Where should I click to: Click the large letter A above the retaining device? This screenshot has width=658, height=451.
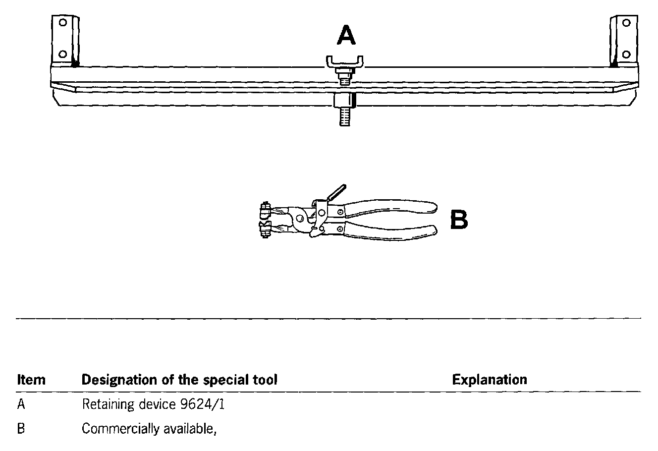tap(346, 35)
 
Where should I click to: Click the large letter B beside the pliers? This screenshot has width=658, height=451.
tap(459, 220)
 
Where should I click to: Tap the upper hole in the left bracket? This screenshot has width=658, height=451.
tap(62, 22)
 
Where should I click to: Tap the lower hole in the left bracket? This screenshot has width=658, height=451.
tap(62, 54)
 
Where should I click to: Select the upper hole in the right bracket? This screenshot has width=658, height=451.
tap(626, 22)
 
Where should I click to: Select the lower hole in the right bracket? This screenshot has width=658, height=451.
tap(626, 54)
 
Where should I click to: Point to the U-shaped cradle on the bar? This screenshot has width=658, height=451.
tap(345, 63)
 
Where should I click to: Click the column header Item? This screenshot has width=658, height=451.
tap(31, 380)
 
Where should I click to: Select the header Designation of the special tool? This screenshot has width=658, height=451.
tap(179, 380)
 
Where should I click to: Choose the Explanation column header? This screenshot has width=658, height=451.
tap(490, 380)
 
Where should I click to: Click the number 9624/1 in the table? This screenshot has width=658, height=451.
tap(200, 404)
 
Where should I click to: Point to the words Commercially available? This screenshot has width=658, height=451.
tap(149, 429)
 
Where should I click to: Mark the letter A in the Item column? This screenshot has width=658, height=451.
tap(21, 404)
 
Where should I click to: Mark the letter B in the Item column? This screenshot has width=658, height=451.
tap(21, 429)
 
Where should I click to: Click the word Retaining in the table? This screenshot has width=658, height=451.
tap(101, 405)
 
